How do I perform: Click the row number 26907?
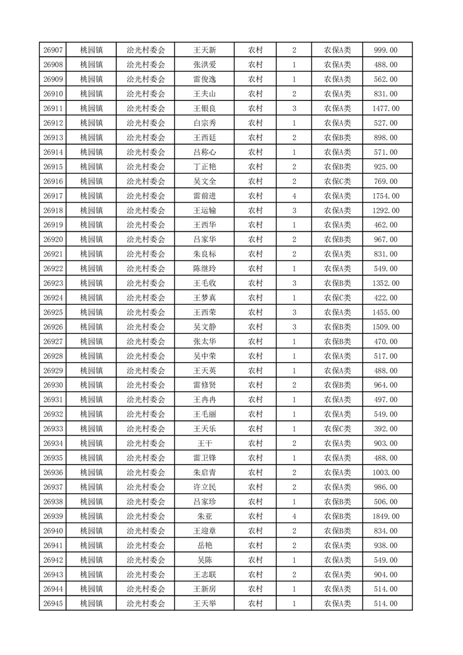click(53, 50)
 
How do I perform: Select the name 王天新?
click(205, 50)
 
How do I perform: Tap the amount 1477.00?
click(385, 109)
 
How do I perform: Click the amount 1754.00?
click(385, 196)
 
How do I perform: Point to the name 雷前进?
click(205, 196)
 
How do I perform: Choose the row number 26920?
click(53, 239)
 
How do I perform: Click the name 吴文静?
click(205, 327)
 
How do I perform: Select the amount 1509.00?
click(385, 327)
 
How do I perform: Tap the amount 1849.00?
click(385, 516)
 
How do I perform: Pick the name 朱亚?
click(205, 516)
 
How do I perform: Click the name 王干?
click(205, 444)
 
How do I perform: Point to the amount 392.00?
click(385, 429)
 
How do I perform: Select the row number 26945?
click(53, 604)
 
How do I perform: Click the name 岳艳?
click(205, 545)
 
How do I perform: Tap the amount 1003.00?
click(385, 473)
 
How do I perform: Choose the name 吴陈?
click(205, 560)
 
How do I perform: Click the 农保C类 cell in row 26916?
click(337, 182)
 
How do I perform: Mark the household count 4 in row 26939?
click(294, 516)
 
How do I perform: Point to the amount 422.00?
click(385, 298)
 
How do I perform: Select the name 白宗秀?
click(205, 123)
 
